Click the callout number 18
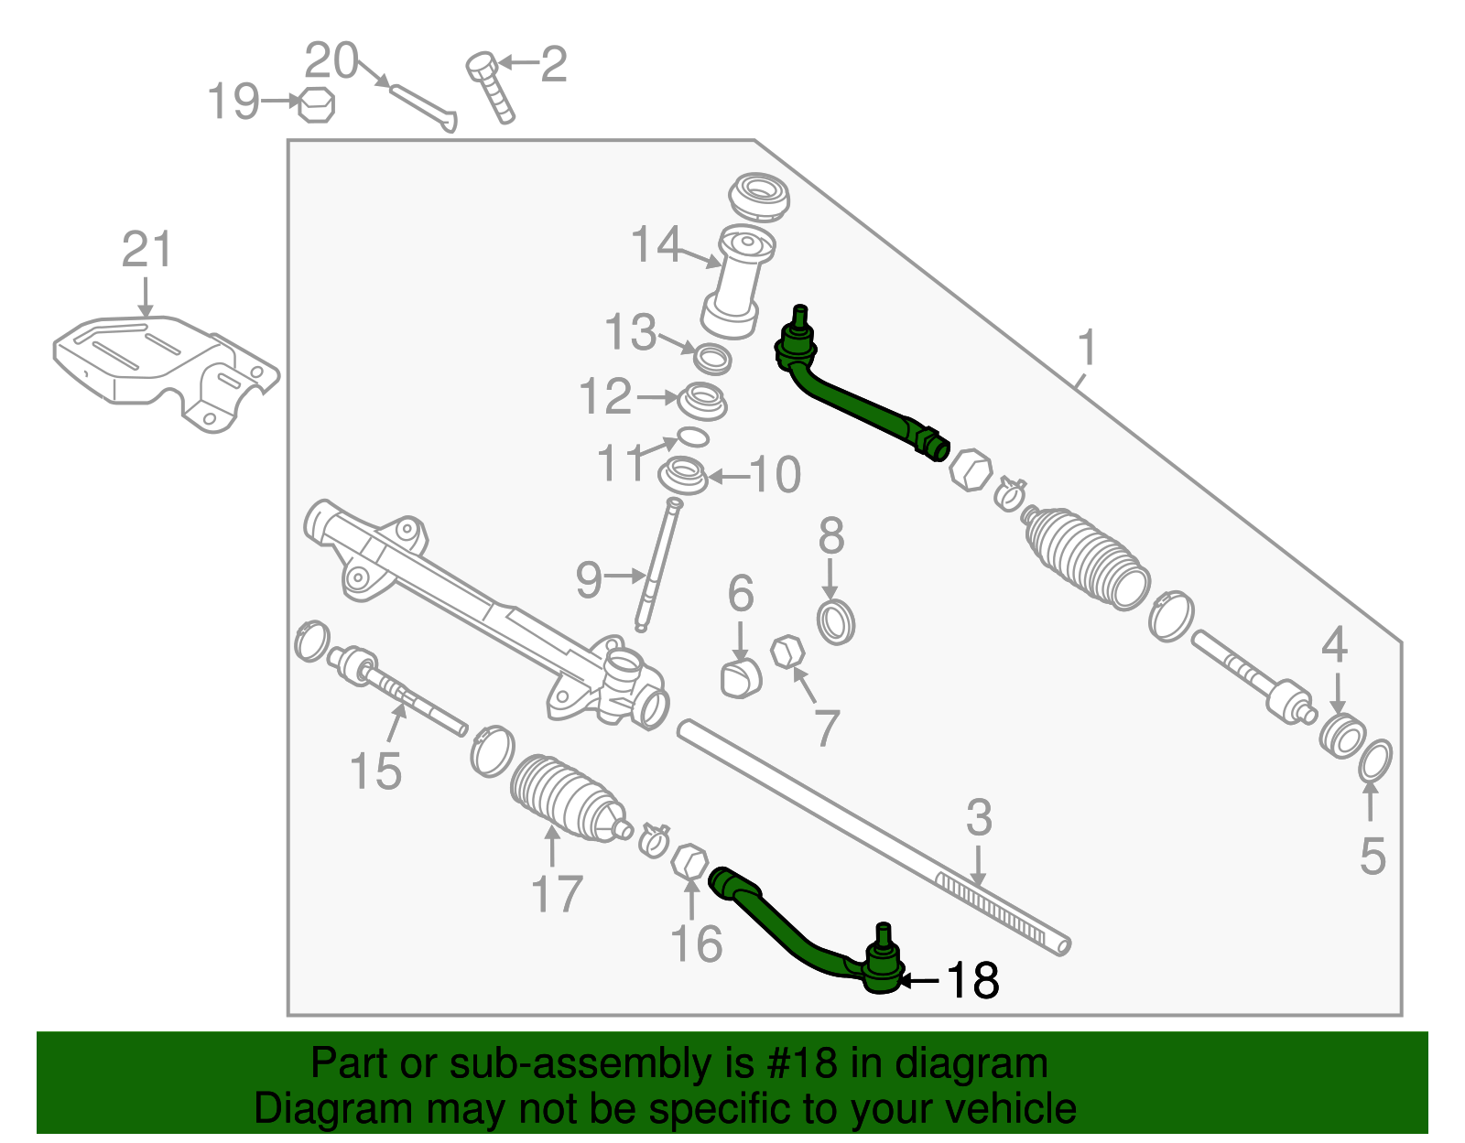click(972, 980)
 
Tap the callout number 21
click(146, 250)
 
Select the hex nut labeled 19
click(317, 104)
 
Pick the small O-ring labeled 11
click(693, 436)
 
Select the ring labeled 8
click(835, 622)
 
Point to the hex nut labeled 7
click(787, 652)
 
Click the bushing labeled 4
click(1342, 736)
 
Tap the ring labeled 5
click(1374, 761)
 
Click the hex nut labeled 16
click(689, 861)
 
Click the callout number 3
click(979, 817)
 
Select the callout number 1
click(1087, 349)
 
